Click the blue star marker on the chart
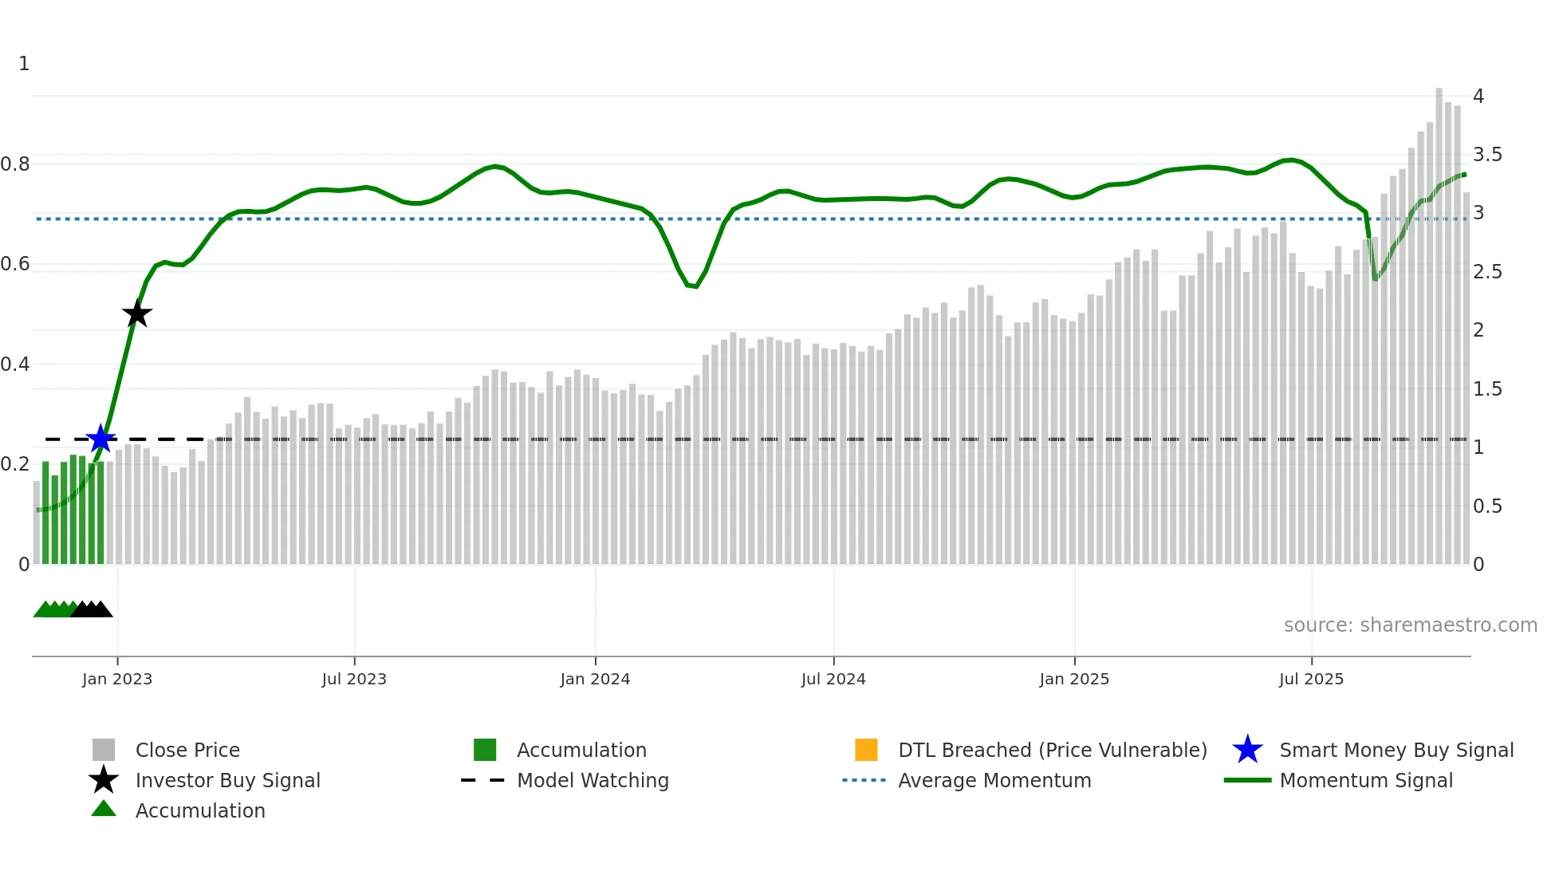[100, 439]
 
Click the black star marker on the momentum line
[137, 313]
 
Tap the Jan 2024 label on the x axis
[595, 679]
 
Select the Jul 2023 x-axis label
[354, 679]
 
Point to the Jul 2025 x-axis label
[1311, 679]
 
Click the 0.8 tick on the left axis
[15, 164]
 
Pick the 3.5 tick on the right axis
[1486, 155]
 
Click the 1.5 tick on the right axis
[1486, 389]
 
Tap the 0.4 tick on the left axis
[15, 365]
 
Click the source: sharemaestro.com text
[1410, 625]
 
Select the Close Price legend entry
[187, 750]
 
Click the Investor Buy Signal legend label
[228, 780]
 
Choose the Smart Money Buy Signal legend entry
[1396, 750]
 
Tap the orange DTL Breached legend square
[866, 750]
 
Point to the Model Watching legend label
[593, 780]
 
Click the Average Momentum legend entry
[994, 780]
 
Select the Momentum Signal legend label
[1366, 780]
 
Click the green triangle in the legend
[104, 809]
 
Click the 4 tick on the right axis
[1478, 97]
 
